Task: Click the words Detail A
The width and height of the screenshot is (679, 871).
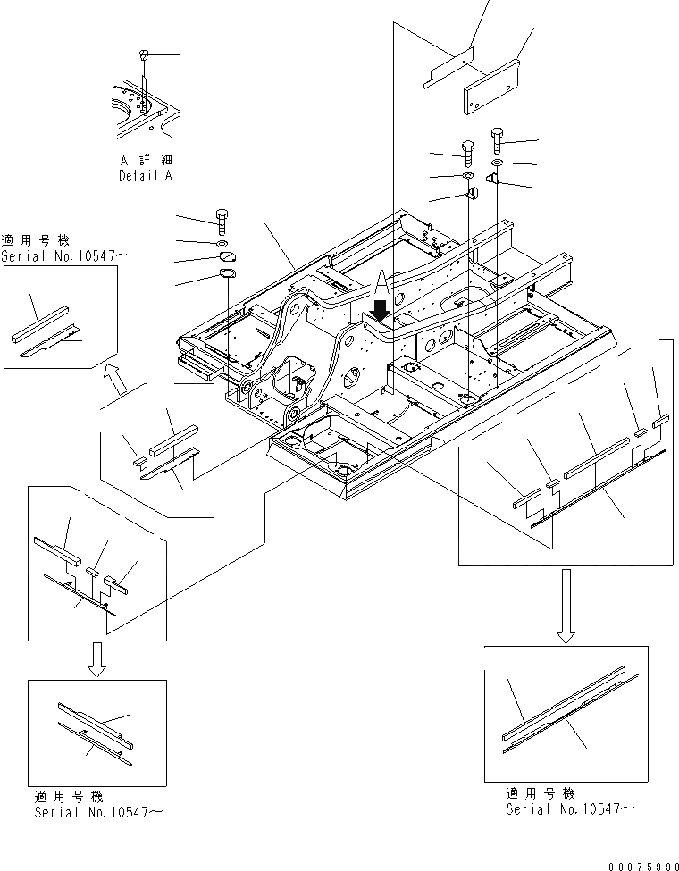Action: click(x=146, y=176)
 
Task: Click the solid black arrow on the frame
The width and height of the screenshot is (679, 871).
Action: click(x=380, y=310)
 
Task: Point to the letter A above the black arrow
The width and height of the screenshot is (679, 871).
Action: click(x=381, y=284)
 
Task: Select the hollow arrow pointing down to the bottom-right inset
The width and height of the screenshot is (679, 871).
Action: click(x=565, y=607)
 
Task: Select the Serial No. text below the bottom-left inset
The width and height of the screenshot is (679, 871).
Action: click(x=98, y=812)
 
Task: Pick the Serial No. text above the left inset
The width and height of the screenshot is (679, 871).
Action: click(x=64, y=256)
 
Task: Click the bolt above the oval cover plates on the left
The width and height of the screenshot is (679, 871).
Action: click(x=222, y=219)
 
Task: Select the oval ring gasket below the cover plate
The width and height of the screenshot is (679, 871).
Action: click(x=229, y=275)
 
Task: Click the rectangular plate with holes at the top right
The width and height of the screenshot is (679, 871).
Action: click(x=490, y=88)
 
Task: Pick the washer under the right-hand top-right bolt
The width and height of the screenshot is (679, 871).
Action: click(x=498, y=163)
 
